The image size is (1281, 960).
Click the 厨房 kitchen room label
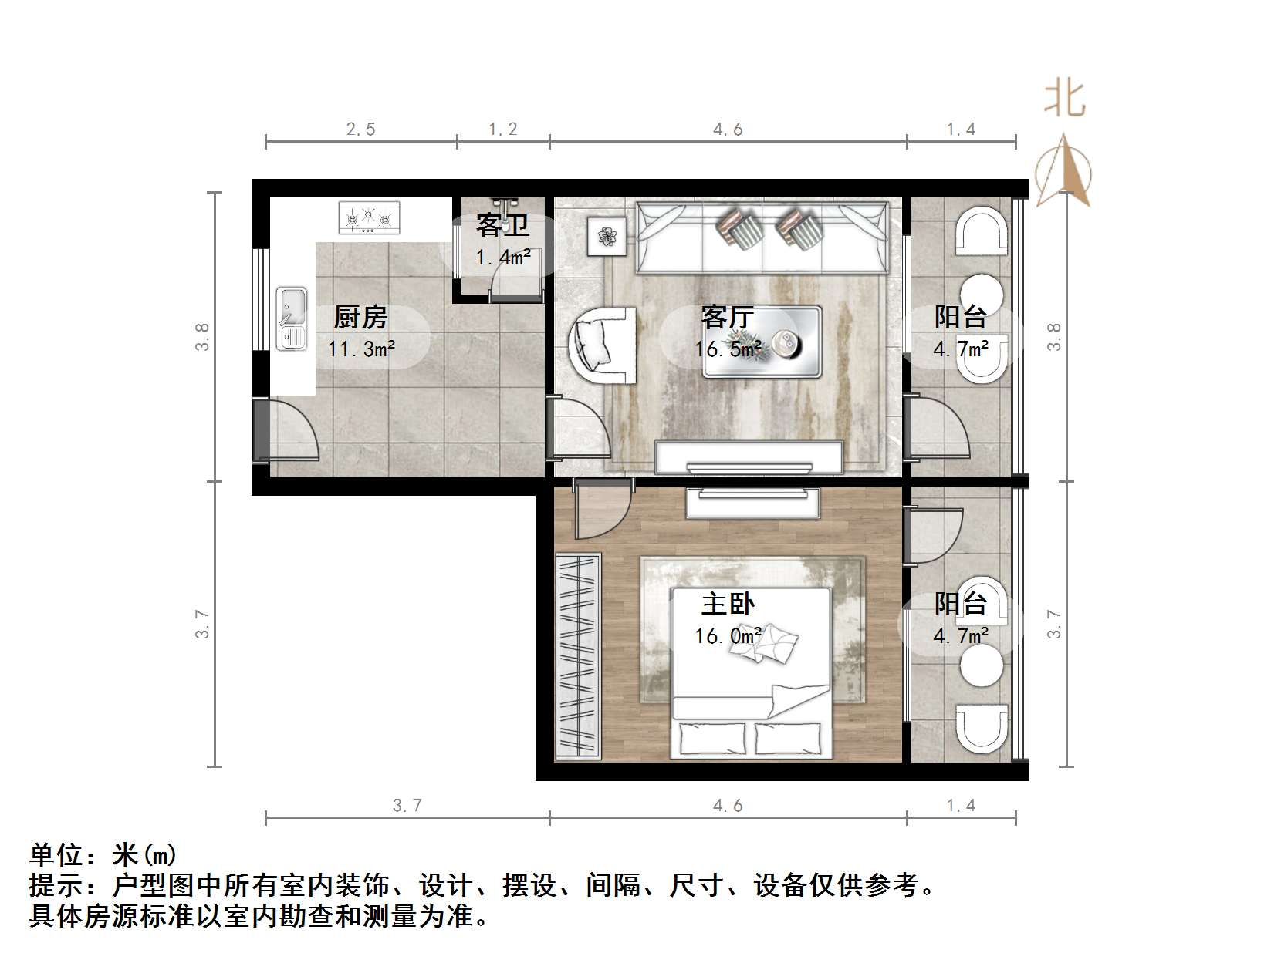pyautogui.click(x=360, y=317)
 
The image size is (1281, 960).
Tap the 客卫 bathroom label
pyautogui.click(x=502, y=225)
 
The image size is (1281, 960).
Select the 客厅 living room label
pyautogui.click(x=727, y=317)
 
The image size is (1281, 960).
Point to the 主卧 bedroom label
pyautogui.click(x=727, y=603)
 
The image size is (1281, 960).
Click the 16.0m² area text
pyautogui.click(x=728, y=636)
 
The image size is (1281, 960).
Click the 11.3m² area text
pyautogui.click(x=361, y=349)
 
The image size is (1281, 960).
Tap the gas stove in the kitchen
pyautogui.click(x=370, y=217)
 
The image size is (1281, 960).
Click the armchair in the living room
pyautogui.click(x=603, y=345)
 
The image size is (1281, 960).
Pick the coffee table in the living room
pyautogui.click(x=762, y=342)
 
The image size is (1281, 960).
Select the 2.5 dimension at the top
pyautogui.click(x=360, y=130)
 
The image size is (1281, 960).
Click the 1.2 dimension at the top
pyautogui.click(x=502, y=130)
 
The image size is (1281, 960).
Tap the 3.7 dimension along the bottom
pyautogui.click(x=407, y=806)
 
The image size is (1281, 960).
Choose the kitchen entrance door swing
pyautogui.click(x=289, y=432)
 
